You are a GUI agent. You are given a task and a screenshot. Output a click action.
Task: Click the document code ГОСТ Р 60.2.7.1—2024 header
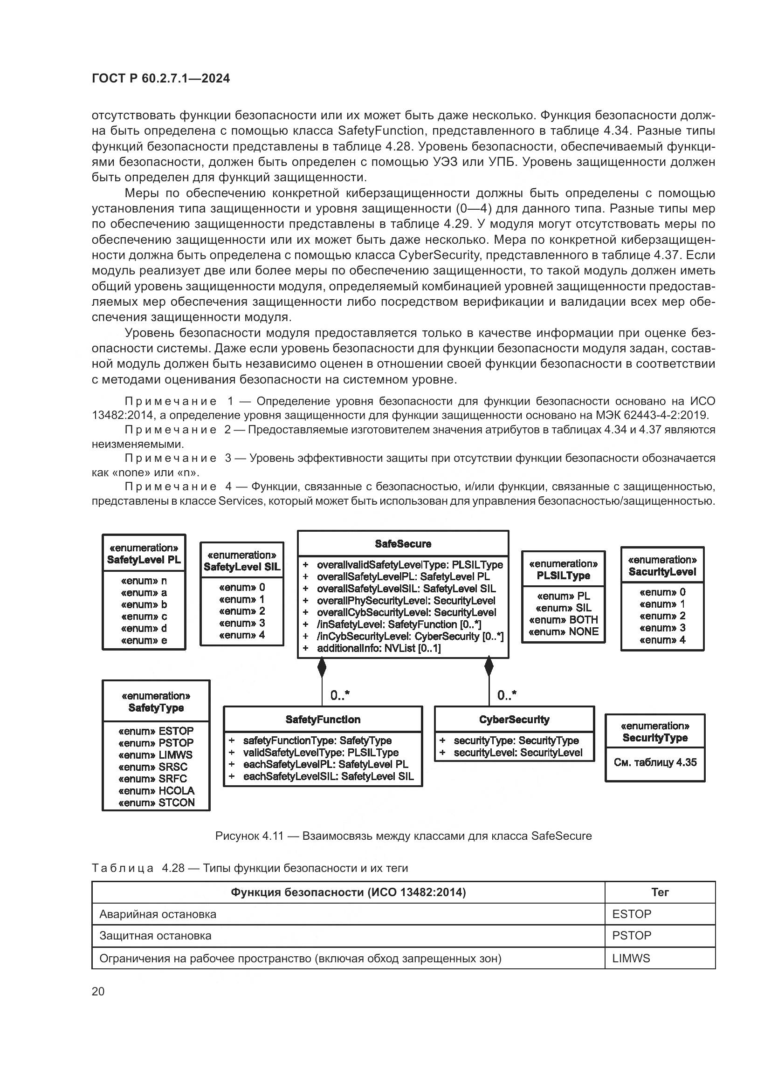[160, 79]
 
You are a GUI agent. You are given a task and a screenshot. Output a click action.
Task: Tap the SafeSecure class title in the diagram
[403, 543]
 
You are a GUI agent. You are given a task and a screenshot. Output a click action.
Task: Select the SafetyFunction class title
[323, 719]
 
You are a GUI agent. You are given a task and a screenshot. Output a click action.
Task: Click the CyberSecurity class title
[514, 719]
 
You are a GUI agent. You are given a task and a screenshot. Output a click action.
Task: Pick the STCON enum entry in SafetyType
[156, 802]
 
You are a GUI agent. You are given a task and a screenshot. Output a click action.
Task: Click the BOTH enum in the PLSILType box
[563, 619]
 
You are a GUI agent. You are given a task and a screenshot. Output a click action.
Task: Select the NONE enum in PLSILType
[563, 631]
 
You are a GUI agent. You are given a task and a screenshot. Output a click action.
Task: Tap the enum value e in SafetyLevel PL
[144, 640]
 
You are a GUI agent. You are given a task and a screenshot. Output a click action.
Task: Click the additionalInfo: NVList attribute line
[379, 648]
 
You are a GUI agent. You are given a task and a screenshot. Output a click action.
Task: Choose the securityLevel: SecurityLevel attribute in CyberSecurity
[517, 753]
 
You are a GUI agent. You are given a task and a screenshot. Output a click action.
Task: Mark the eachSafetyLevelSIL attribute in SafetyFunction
[328, 776]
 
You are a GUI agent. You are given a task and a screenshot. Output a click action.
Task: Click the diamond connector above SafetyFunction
[322, 667]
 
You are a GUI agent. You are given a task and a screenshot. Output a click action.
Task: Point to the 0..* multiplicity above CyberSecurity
[507, 695]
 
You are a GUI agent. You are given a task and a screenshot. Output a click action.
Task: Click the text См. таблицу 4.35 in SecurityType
[654, 762]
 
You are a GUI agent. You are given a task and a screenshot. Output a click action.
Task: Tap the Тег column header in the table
[660, 892]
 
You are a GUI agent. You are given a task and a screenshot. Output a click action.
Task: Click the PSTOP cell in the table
[632, 936]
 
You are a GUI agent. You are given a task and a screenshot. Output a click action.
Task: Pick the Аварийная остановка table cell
[158, 914]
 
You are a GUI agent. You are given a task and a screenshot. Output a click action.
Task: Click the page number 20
[98, 992]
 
